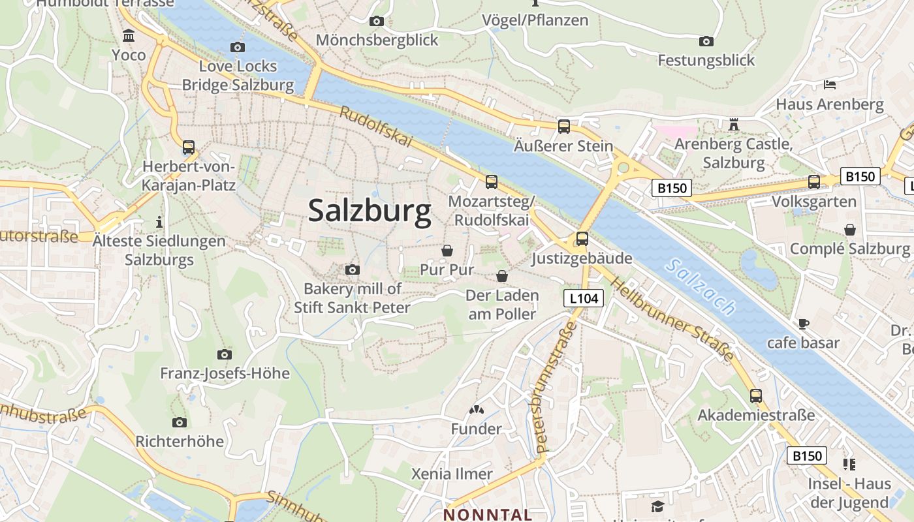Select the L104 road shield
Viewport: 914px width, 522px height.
click(x=584, y=299)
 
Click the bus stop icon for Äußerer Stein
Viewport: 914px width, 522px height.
click(x=564, y=127)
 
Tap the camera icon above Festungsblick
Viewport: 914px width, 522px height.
click(x=706, y=42)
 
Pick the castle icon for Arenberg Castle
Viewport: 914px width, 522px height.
click(x=733, y=124)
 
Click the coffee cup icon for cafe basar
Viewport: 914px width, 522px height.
click(x=804, y=324)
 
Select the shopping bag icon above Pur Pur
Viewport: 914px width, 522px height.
click(x=447, y=251)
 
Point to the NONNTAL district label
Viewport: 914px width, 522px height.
click(x=488, y=514)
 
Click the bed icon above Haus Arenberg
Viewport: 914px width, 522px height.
click(x=829, y=85)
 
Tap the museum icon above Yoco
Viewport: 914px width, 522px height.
click(x=129, y=35)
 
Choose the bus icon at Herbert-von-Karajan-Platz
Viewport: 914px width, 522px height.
click(x=189, y=147)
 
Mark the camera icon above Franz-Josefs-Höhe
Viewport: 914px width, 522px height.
click(x=225, y=354)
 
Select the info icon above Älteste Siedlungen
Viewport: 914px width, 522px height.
click(x=159, y=222)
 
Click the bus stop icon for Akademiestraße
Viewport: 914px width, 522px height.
click(x=756, y=396)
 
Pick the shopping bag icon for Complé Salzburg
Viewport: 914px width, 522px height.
click(x=850, y=230)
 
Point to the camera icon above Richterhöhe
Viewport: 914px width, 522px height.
click(x=180, y=422)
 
